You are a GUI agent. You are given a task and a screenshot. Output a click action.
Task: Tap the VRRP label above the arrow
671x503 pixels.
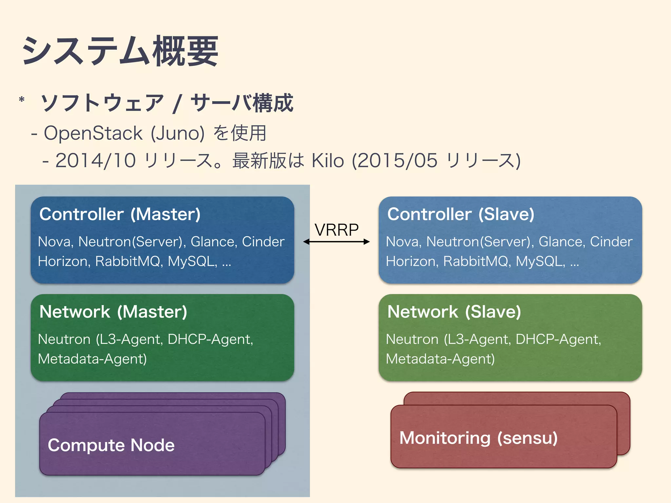(x=336, y=230)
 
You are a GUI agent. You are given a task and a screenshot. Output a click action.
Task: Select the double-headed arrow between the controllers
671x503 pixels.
(x=336, y=242)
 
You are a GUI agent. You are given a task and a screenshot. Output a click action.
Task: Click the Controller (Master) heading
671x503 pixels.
(x=120, y=214)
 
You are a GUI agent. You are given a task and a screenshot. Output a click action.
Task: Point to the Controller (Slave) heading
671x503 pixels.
(x=461, y=214)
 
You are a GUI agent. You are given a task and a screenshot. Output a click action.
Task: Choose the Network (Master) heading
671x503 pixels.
(x=113, y=312)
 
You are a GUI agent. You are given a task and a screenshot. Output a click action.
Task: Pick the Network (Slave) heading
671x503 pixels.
(x=454, y=312)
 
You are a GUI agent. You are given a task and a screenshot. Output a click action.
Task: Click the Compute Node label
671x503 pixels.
(x=111, y=445)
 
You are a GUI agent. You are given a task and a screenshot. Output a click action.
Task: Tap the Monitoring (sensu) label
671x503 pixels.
(x=478, y=438)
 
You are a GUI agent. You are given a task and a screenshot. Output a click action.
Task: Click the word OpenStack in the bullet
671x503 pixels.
(x=93, y=133)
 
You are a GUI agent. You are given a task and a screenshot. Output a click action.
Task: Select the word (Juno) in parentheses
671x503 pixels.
(x=177, y=133)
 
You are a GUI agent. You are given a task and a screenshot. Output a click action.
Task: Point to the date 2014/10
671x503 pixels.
(x=95, y=161)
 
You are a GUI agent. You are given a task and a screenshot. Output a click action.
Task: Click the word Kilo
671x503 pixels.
(x=328, y=161)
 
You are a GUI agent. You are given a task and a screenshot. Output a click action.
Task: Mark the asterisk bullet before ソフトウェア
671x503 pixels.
(x=22, y=100)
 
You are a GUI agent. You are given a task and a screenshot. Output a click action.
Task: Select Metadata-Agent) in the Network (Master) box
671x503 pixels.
(x=92, y=359)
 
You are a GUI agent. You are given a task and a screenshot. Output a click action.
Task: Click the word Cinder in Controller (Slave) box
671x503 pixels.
(x=611, y=242)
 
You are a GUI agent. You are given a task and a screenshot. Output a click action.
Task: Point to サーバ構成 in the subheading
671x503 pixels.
(x=242, y=103)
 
